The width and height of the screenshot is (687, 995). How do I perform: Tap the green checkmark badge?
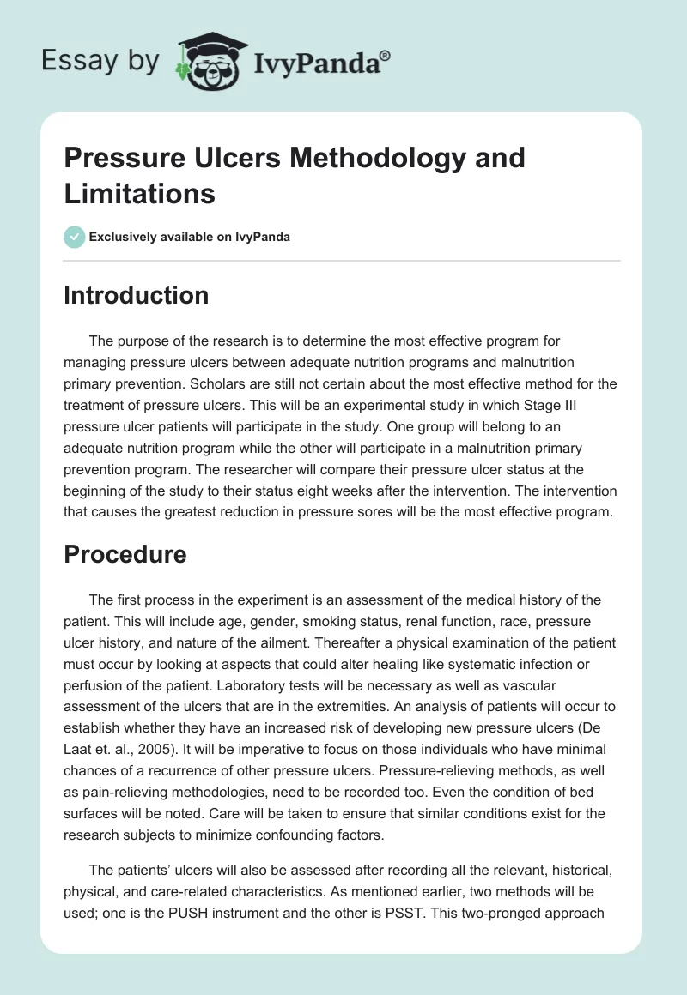coord(75,237)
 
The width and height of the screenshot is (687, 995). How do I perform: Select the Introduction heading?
coord(137,295)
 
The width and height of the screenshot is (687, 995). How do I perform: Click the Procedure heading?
coord(125,554)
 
